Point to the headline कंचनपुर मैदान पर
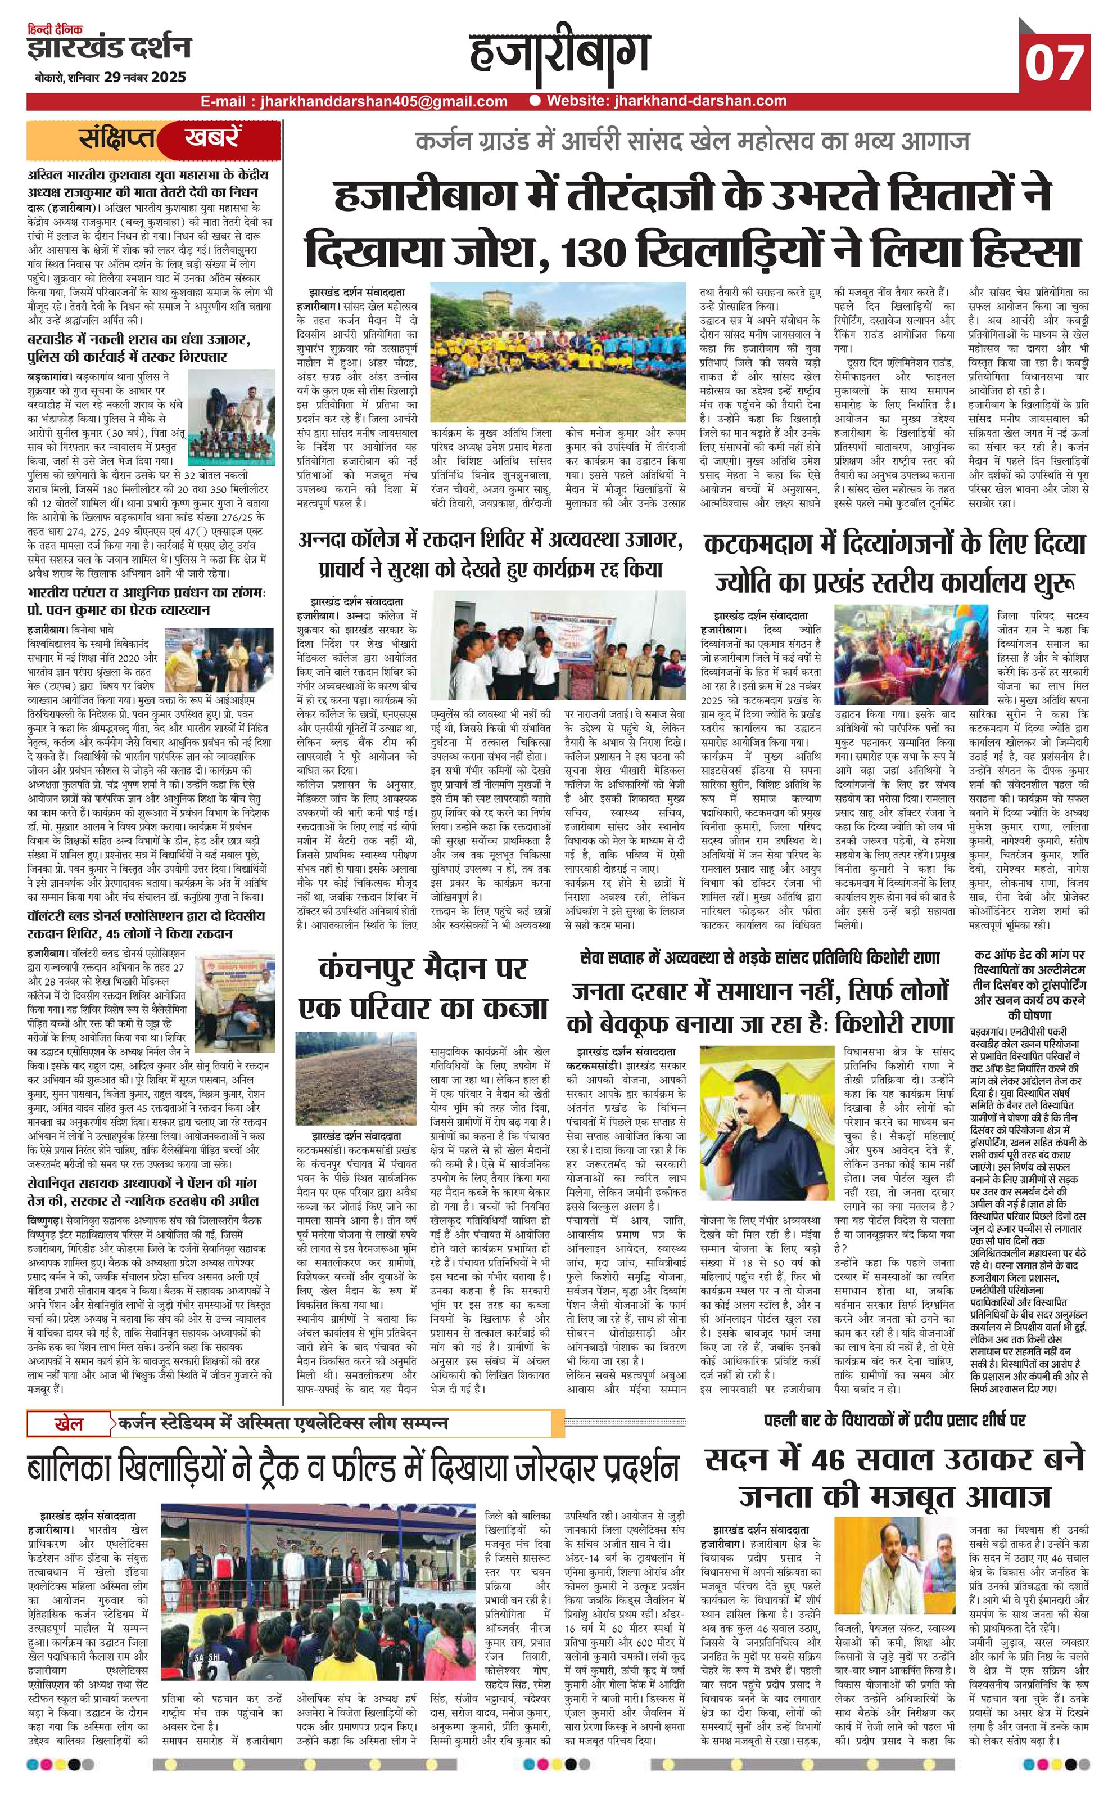(423, 969)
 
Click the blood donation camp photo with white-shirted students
(550, 647)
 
